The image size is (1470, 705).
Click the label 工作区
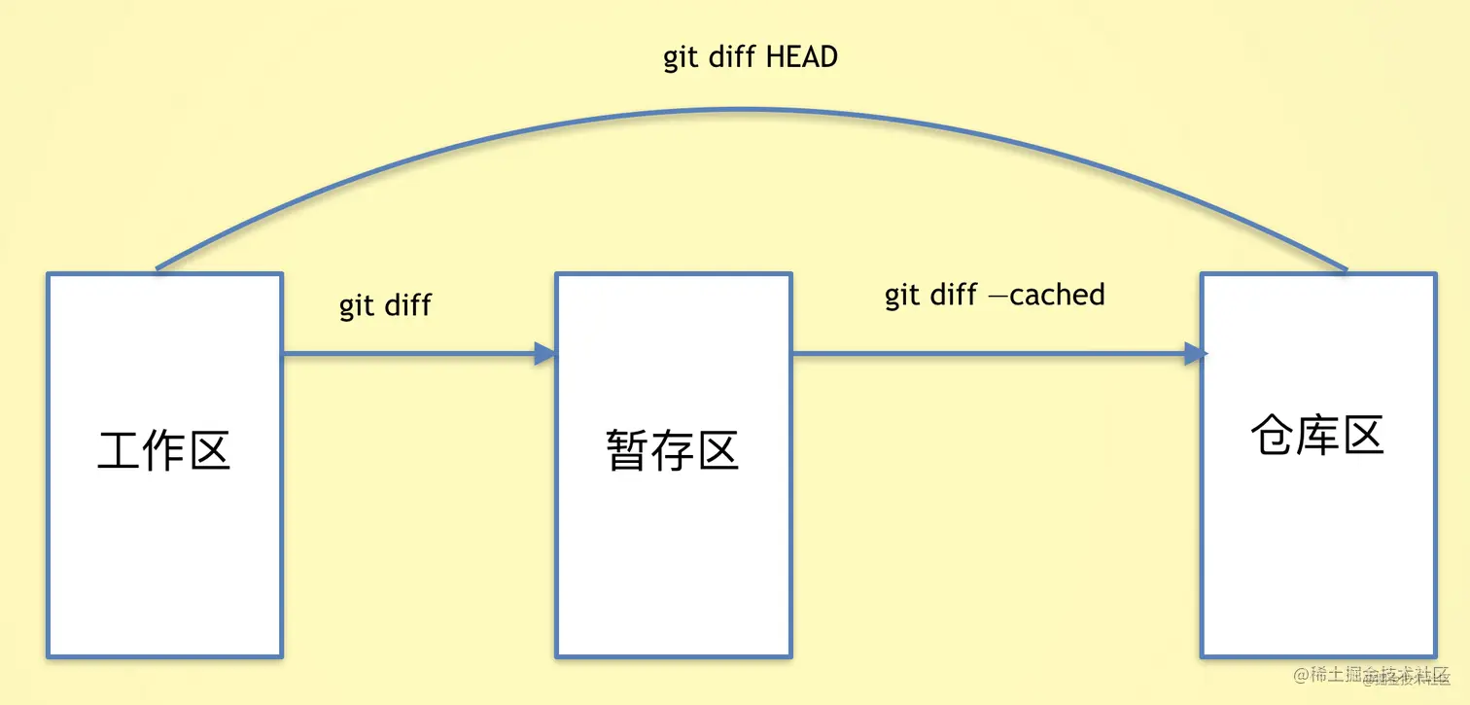click(163, 451)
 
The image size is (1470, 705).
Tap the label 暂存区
click(673, 451)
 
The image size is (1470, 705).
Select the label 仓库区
click(1317, 436)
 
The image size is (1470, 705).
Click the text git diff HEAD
click(750, 57)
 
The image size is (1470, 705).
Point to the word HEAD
click(802, 57)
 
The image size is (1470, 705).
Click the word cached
click(1057, 295)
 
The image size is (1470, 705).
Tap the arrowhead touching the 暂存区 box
click(544, 354)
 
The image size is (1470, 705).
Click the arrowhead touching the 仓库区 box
click(1195, 354)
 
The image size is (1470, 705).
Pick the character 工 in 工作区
click(120, 451)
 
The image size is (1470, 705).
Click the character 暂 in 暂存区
click(628, 451)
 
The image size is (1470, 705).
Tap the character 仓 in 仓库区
click(1273, 436)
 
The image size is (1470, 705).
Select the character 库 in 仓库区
click(1317, 436)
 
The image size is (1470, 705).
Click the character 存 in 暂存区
click(673, 451)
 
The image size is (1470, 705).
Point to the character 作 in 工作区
click(163, 451)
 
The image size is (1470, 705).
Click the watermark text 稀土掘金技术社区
click(1380, 675)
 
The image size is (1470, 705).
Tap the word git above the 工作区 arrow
click(357, 305)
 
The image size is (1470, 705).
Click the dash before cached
click(997, 296)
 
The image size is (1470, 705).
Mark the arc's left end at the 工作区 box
click(157, 268)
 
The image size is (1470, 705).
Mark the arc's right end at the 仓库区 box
click(1347, 270)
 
